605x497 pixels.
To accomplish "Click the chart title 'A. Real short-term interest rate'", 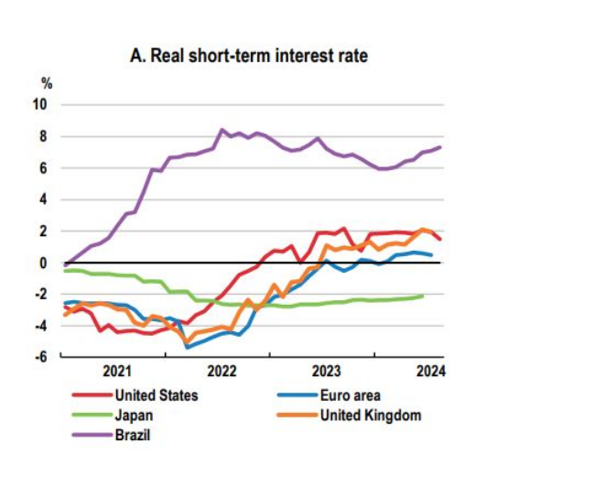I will [x=249, y=57].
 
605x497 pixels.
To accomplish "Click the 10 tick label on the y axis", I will [x=41, y=104].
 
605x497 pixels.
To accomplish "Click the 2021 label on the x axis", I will [x=118, y=373].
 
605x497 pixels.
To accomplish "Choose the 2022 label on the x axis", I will [x=223, y=373].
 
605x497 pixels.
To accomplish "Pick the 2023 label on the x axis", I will [x=327, y=373].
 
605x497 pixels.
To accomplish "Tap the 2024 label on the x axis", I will [x=428, y=373].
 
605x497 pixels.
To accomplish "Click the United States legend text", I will [x=157, y=395].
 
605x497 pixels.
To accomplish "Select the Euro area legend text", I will [x=350, y=395].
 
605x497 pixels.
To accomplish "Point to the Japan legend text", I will [x=133, y=415].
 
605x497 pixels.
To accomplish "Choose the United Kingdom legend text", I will [x=371, y=415].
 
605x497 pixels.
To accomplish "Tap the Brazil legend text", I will [x=133, y=434].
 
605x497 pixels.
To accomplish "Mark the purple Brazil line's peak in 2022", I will [x=221, y=130].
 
